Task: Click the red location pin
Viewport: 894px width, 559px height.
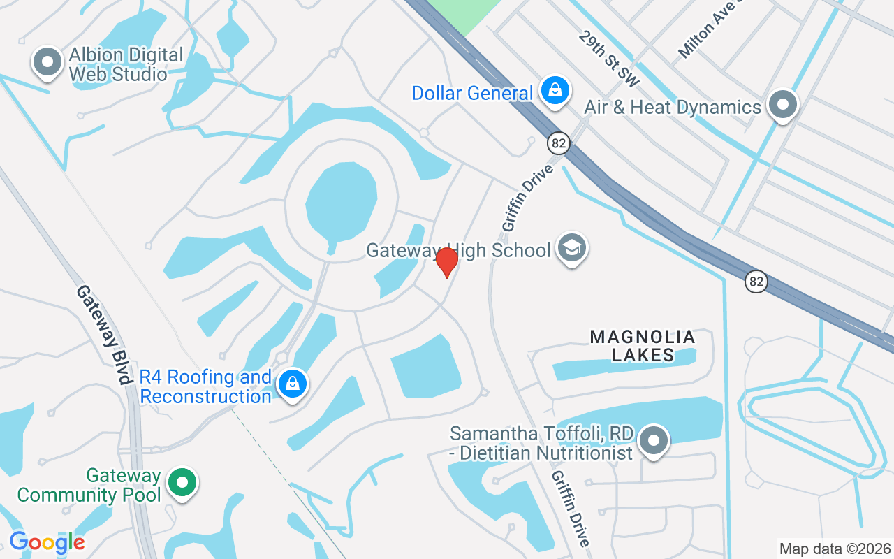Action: [x=446, y=262]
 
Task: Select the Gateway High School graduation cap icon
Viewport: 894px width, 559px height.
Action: [x=572, y=249]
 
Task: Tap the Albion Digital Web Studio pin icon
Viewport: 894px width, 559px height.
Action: [x=47, y=63]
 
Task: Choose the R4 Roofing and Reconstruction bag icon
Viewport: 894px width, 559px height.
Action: [x=293, y=384]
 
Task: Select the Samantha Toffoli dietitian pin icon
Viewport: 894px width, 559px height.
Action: [x=654, y=442]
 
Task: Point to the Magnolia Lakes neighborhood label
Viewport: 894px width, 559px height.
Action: [x=643, y=346]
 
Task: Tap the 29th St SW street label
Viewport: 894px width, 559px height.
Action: [x=608, y=59]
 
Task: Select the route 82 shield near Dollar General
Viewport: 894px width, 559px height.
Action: [x=558, y=143]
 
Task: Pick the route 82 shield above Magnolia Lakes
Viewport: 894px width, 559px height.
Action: [x=756, y=282]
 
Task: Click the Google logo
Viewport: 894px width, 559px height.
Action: [x=47, y=542]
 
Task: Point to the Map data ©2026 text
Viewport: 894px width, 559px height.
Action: [x=835, y=549]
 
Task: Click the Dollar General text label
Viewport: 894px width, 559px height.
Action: [x=472, y=93]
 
